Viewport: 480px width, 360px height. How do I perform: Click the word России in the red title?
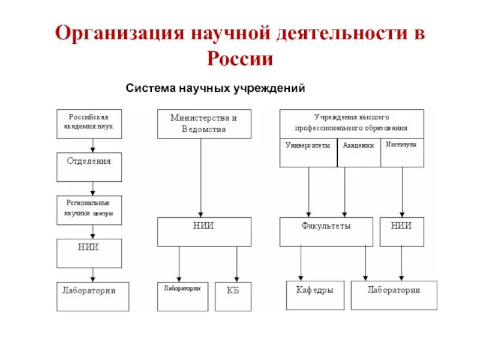[240, 59]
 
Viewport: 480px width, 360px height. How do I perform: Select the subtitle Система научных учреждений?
[215, 88]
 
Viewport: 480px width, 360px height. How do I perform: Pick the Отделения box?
[89, 167]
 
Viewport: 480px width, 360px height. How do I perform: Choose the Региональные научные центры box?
[89, 210]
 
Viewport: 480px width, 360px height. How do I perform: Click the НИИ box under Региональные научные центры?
[89, 253]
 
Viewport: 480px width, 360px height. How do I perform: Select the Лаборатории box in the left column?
[92, 296]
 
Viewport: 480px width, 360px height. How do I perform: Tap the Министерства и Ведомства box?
[204, 124]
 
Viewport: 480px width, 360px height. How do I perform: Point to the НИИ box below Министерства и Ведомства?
[204, 232]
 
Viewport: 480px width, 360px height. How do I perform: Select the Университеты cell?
[308, 152]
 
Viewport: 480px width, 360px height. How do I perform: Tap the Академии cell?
[359, 152]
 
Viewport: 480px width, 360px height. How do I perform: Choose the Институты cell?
[402, 152]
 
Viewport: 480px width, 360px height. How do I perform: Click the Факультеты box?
[326, 232]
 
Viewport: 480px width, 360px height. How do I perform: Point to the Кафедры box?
[315, 295]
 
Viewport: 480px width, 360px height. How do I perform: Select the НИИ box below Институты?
[401, 232]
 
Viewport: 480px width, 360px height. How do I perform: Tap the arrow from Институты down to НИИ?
[401, 192]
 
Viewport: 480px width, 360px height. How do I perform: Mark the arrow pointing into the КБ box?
[236, 264]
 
